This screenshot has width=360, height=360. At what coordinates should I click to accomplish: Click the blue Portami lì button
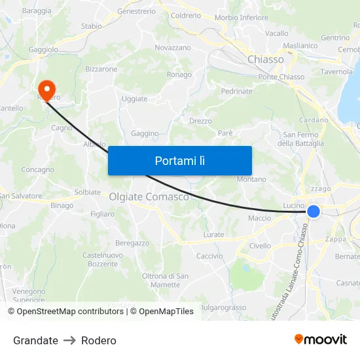[x=179, y=160]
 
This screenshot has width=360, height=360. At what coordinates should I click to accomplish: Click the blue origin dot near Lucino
[x=314, y=211]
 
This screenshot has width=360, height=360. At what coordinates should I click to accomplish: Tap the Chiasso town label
[x=266, y=60]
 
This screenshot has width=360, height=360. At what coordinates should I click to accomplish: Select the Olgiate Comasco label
[x=149, y=196]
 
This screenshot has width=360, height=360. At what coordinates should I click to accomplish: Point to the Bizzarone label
[x=101, y=69]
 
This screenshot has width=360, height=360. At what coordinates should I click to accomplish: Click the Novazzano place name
[x=173, y=48]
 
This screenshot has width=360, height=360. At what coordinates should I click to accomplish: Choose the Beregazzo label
[x=133, y=243]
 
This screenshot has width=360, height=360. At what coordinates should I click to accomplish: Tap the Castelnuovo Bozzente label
[x=103, y=259]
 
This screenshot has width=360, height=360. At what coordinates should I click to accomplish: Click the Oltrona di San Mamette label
[x=165, y=280]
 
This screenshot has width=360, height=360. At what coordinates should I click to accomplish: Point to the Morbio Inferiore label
[x=242, y=18]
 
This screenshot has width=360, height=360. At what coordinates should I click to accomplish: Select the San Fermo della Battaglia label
[x=298, y=139]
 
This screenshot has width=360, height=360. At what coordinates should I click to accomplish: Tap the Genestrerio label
[x=136, y=11]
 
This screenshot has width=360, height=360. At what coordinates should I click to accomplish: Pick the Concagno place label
[x=38, y=170]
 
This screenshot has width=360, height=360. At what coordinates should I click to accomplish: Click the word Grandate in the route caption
[x=35, y=340]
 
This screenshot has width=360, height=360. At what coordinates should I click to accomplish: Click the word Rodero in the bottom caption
[x=99, y=340]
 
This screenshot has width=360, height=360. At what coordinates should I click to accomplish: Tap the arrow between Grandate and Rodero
[x=69, y=340]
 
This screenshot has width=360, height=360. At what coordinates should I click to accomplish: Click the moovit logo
[x=320, y=339]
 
